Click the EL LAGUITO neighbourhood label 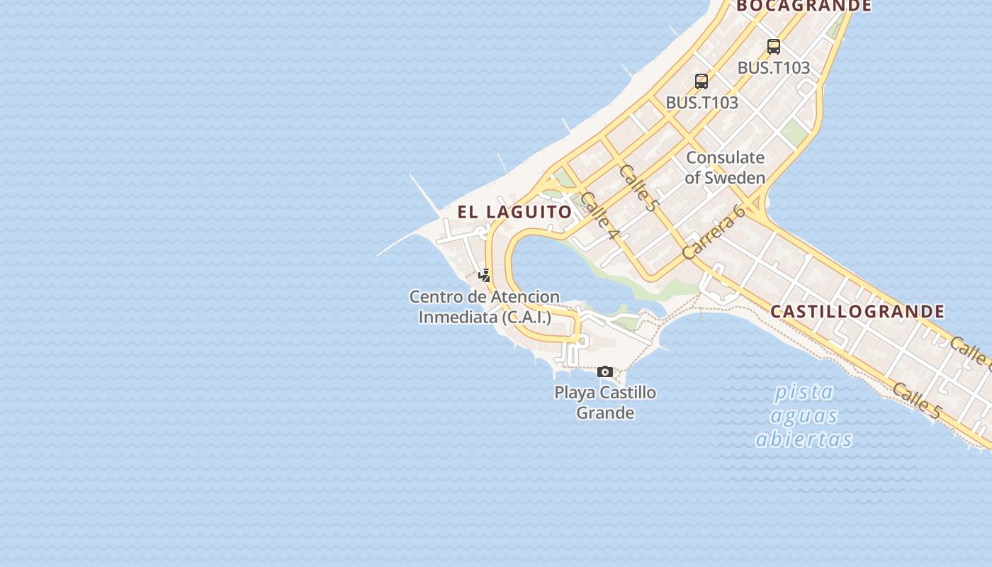(514, 212)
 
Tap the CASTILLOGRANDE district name (857, 311)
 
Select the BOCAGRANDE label (804, 6)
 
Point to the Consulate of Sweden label (725, 167)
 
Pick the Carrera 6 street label (714, 232)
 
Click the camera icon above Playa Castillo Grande (604, 371)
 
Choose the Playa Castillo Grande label (605, 402)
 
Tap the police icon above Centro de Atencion (485, 275)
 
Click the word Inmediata (458, 317)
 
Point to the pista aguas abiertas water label (804, 415)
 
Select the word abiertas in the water (804, 439)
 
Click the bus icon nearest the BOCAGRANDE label (774, 47)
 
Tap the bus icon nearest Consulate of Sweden (701, 81)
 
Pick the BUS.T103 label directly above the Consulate (701, 103)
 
